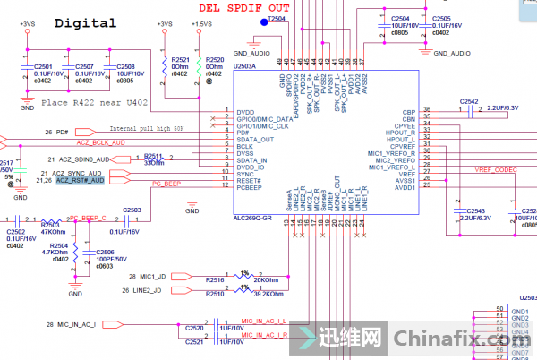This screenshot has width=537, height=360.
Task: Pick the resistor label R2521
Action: point(180,59)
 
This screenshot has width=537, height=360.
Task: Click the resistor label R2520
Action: point(215,59)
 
